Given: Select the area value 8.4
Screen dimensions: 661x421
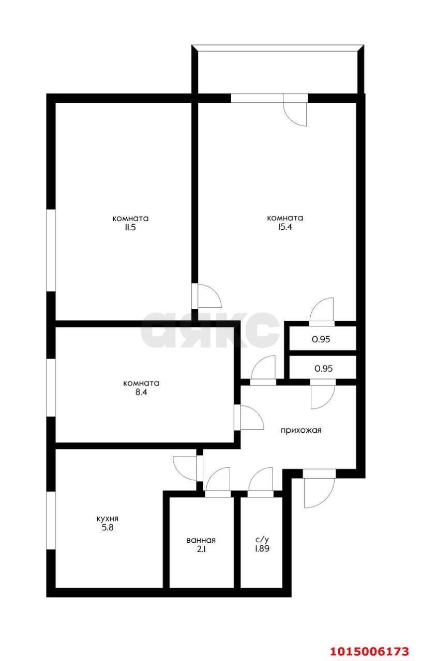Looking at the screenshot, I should pos(141,392).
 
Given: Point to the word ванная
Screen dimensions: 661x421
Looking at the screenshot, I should pos(201,540).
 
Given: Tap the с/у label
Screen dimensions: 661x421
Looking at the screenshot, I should pos(262,540).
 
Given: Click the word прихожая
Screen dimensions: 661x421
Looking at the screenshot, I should pos(301,430).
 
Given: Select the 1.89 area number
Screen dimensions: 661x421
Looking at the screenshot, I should pos(262,549).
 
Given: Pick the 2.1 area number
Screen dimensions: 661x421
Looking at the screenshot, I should pos(201,549).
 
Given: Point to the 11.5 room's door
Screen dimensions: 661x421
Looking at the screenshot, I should pos(207,296).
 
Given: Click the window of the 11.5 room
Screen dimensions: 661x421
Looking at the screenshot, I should pos(51,250).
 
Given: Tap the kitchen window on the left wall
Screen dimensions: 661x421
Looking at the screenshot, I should pos(51,520).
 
